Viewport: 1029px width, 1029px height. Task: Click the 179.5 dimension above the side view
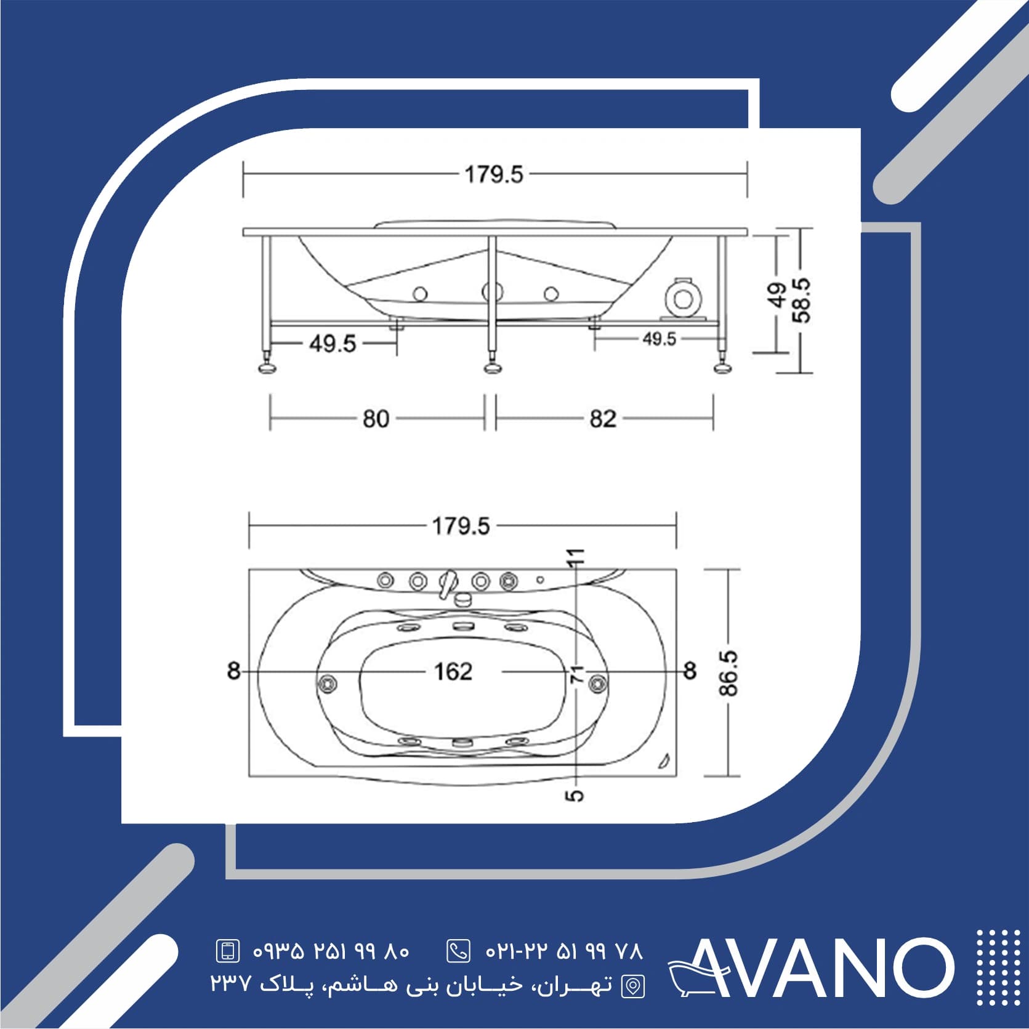pyautogui.click(x=494, y=174)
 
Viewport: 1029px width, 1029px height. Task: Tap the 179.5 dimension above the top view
pyautogui.click(x=461, y=526)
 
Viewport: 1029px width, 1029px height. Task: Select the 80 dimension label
pyautogui.click(x=376, y=419)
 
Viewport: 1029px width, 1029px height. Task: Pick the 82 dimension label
pyautogui.click(x=603, y=419)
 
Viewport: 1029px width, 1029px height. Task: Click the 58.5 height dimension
pyautogui.click(x=802, y=301)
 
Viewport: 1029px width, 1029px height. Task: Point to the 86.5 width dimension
pyautogui.click(x=728, y=672)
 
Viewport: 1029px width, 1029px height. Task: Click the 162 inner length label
pyautogui.click(x=453, y=671)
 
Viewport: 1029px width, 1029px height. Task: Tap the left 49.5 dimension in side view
pyautogui.click(x=333, y=343)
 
